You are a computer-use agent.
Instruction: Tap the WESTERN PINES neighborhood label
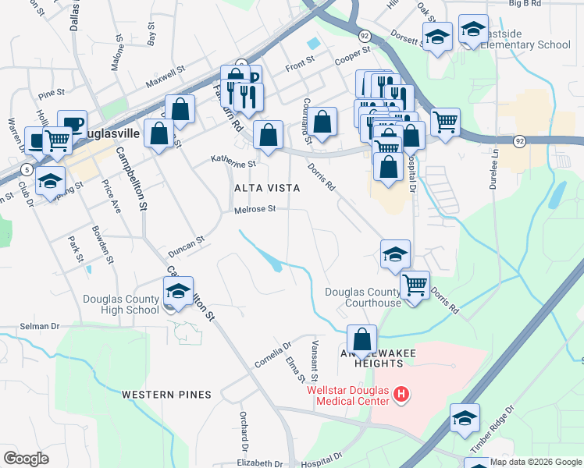pos(166,395)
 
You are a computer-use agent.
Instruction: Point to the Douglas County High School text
pos(121,304)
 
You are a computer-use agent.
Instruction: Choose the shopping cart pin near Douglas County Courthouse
pos(415,285)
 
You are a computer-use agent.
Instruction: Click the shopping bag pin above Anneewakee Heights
pos(361,339)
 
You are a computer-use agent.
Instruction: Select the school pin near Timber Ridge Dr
pos(465,418)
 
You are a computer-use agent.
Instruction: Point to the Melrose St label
pos(255,209)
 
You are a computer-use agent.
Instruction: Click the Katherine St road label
pos(233,163)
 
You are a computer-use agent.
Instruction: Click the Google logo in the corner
pos(26,459)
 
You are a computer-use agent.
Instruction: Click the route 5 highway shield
pos(27,169)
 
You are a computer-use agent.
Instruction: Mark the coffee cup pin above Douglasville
pos(72,123)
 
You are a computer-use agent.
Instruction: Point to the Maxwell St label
pos(164,74)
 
